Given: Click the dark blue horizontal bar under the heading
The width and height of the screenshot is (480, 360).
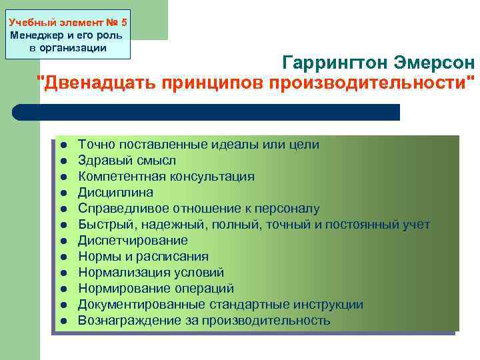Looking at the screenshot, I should coord(207,112).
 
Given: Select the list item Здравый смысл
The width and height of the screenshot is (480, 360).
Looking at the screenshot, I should coord(127,161).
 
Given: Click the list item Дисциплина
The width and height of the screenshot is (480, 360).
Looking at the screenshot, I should coord(115,193).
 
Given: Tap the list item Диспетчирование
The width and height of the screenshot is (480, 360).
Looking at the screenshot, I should coord(133,241).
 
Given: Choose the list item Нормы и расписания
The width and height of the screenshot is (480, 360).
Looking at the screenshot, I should coord(143,257).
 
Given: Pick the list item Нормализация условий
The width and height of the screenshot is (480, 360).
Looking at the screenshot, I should coord(151,273).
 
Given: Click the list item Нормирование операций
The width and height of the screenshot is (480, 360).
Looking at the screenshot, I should coord(156,289).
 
